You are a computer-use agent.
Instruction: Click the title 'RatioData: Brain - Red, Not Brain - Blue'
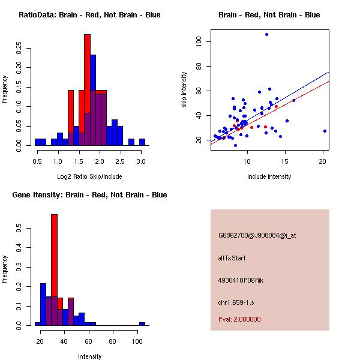(89, 15)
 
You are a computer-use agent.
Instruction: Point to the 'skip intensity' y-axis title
(184, 89)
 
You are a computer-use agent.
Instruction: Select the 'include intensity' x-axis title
(269, 176)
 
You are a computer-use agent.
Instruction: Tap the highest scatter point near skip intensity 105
(266, 34)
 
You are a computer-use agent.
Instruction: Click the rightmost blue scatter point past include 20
(325, 131)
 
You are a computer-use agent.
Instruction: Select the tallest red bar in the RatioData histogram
(87, 72)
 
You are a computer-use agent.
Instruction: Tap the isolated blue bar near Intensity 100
(142, 323)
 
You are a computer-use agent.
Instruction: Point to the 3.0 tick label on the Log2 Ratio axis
(141, 161)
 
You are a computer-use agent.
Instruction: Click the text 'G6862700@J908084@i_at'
(257, 236)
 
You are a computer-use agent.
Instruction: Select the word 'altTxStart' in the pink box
(232, 258)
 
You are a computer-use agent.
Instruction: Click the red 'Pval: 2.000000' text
(239, 319)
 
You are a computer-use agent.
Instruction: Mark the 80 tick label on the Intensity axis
(113, 341)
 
